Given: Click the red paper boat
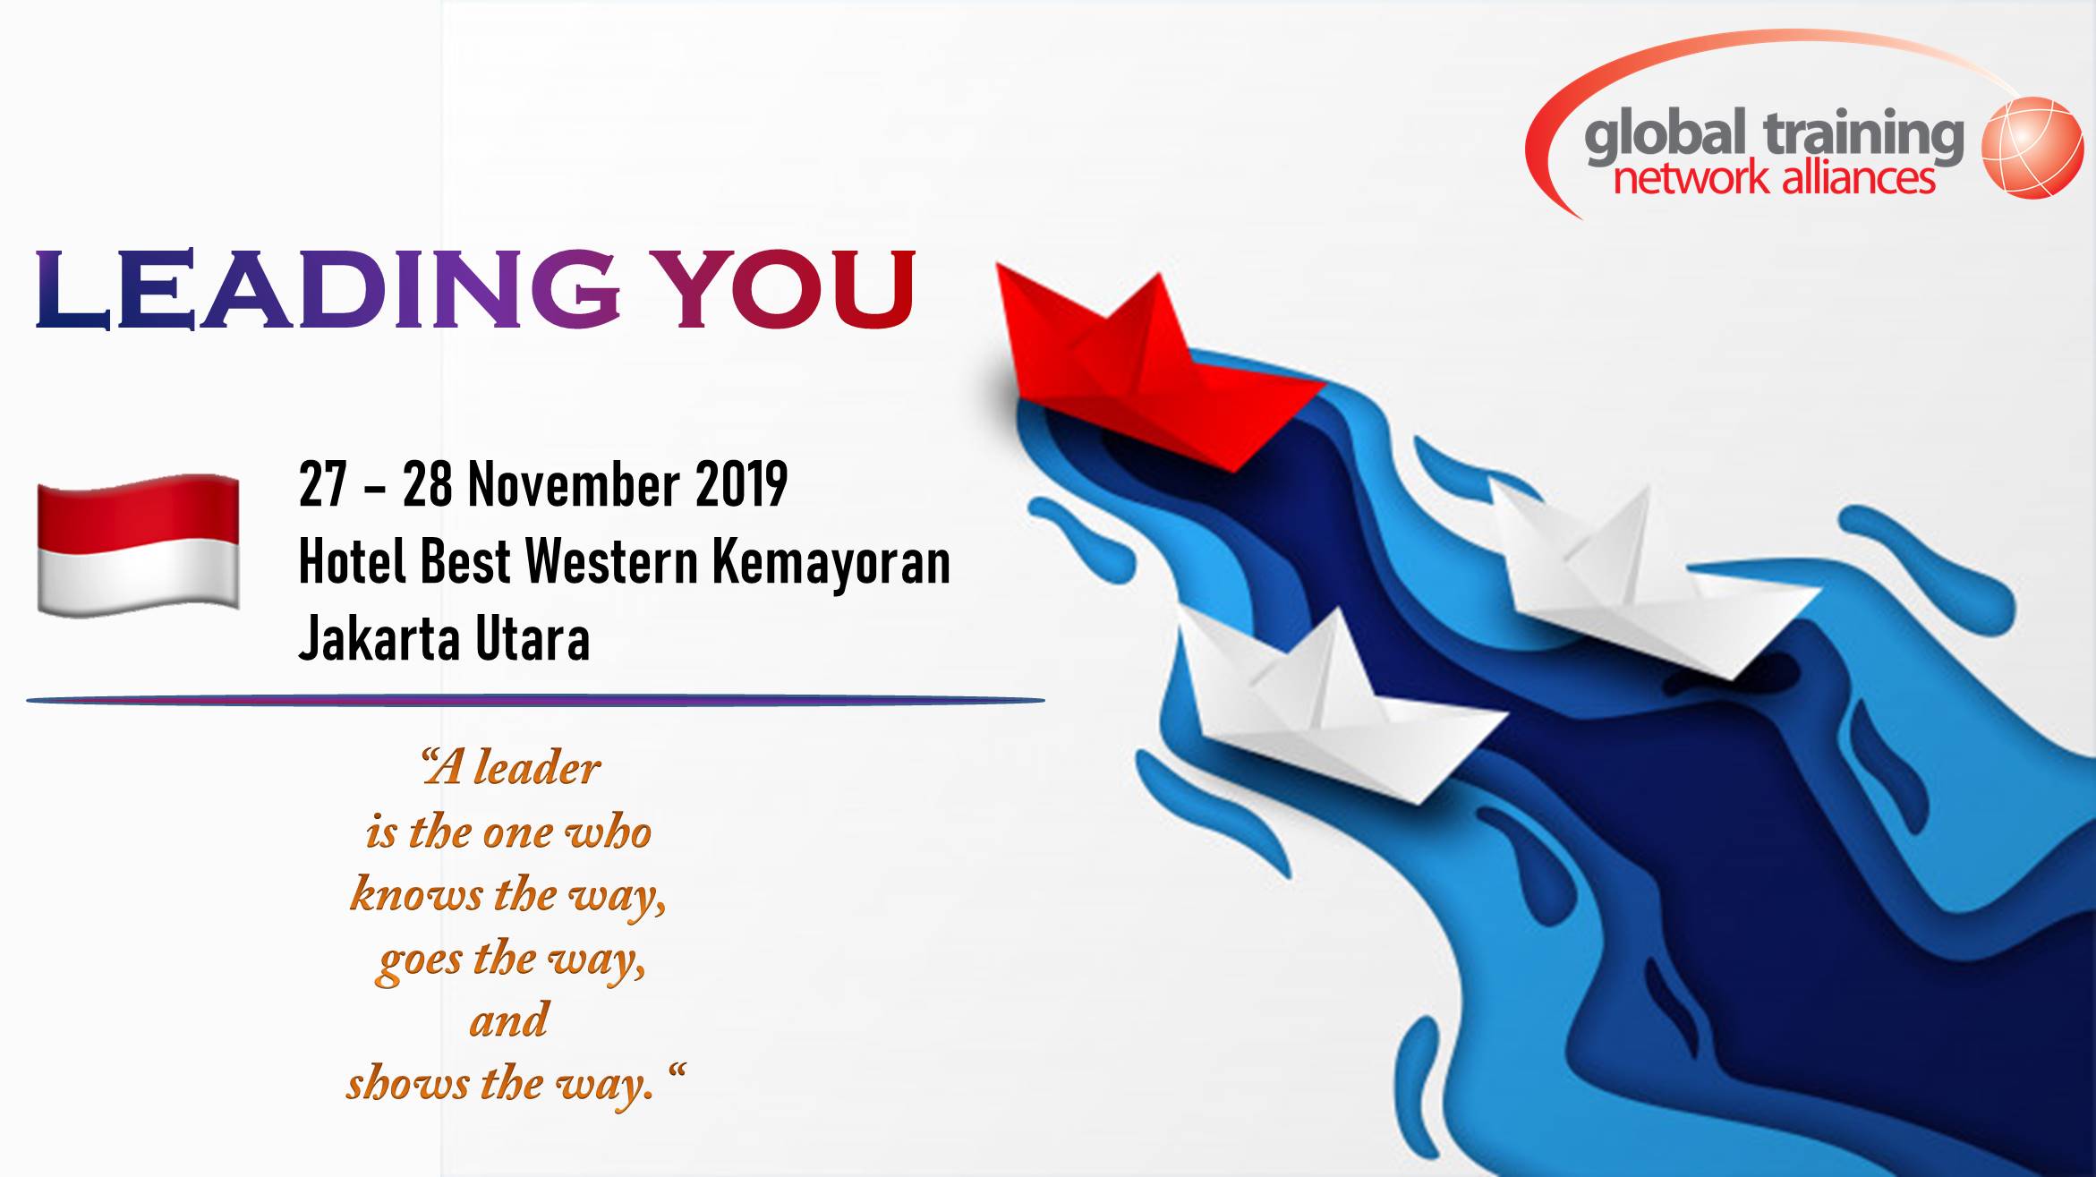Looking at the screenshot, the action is click(1155, 376).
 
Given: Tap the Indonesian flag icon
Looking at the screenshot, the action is click(138, 545).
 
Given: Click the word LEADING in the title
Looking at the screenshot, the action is click(328, 288).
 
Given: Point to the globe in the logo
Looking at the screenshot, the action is click(2032, 148).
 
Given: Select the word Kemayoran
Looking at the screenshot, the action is click(831, 564).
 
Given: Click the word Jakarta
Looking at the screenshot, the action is click(379, 639).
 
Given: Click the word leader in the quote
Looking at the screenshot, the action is click(537, 768).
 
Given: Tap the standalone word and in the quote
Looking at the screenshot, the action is click(508, 1020).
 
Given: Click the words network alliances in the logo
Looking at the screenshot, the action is click(1774, 178).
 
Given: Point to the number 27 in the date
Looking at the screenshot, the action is click(322, 484).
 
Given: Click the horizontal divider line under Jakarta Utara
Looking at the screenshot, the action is click(535, 700).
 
